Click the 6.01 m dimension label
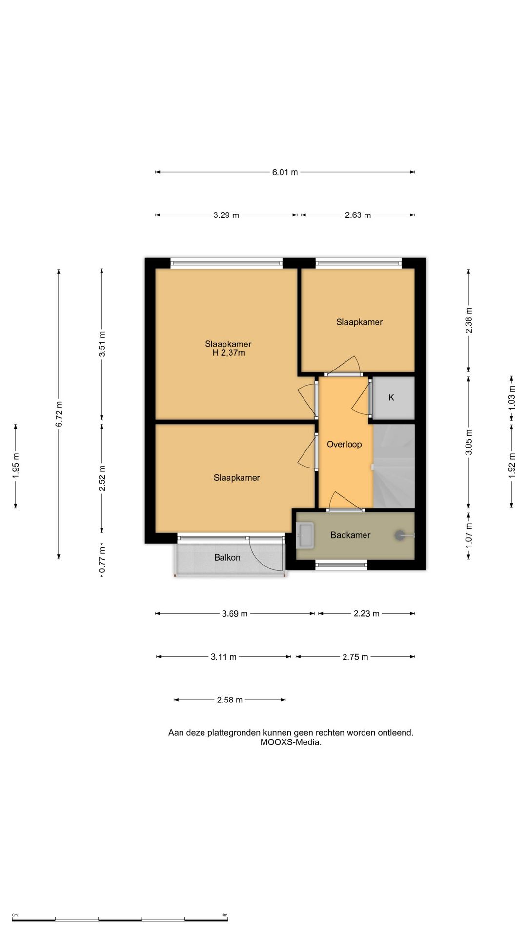[x=285, y=172]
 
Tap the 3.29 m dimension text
[x=226, y=215]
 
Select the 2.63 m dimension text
[x=358, y=215]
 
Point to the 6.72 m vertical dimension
[x=59, y=414]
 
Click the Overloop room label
[x=345, y=444]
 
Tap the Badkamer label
[x=350, y=535]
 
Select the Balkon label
[x=227, y=557]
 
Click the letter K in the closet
[x=391, y=398]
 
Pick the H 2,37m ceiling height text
[x=228, y=353]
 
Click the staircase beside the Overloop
[x=394, y=466]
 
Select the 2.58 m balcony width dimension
[x=230, y=700]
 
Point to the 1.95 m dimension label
[x=16, y=466]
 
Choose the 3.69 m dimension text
[x=235, y=614]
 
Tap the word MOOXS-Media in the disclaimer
[x=291, y=742]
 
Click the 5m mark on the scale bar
[x=224, y=915]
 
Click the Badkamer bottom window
[x=342, y=565]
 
